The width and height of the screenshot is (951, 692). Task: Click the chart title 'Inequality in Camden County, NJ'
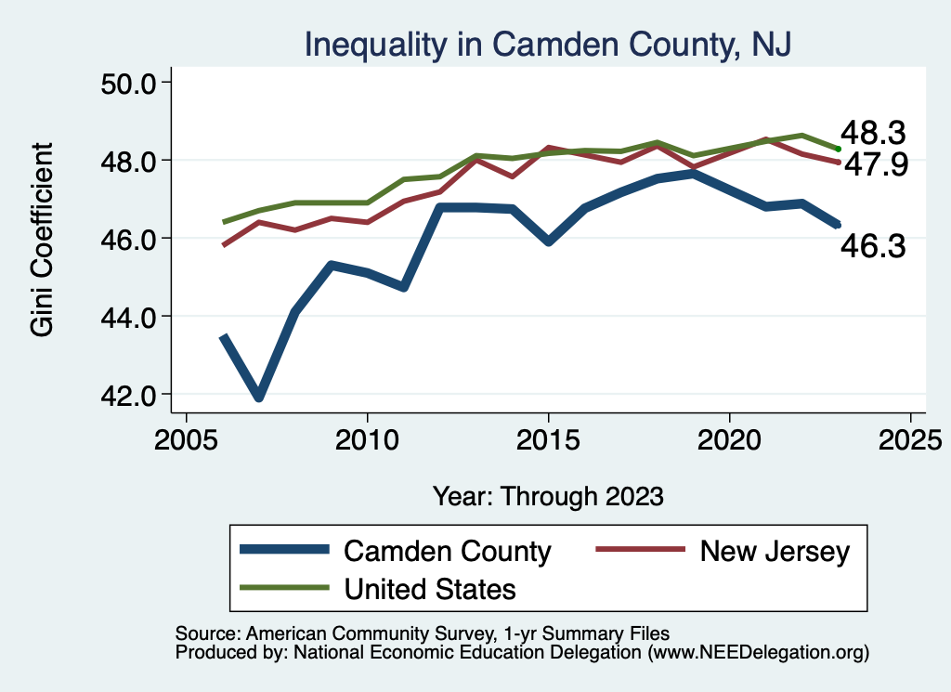pos(548,44)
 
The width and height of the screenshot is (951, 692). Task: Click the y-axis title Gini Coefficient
pos(43,240)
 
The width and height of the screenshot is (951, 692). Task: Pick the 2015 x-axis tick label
pos(548,437)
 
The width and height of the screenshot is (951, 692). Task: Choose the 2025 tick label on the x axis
pos(910,437)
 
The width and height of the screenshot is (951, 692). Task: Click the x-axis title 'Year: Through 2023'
pos(548,496)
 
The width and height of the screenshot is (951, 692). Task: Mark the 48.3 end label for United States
pos(873,133)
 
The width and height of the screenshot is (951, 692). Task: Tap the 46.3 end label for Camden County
pos(873,246)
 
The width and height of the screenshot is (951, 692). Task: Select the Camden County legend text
pos(448,551)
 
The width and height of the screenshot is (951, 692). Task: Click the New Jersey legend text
pos(775,551)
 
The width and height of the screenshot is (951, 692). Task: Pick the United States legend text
pos(430,588)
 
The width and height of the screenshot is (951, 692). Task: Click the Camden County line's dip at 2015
pos(549,242)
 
